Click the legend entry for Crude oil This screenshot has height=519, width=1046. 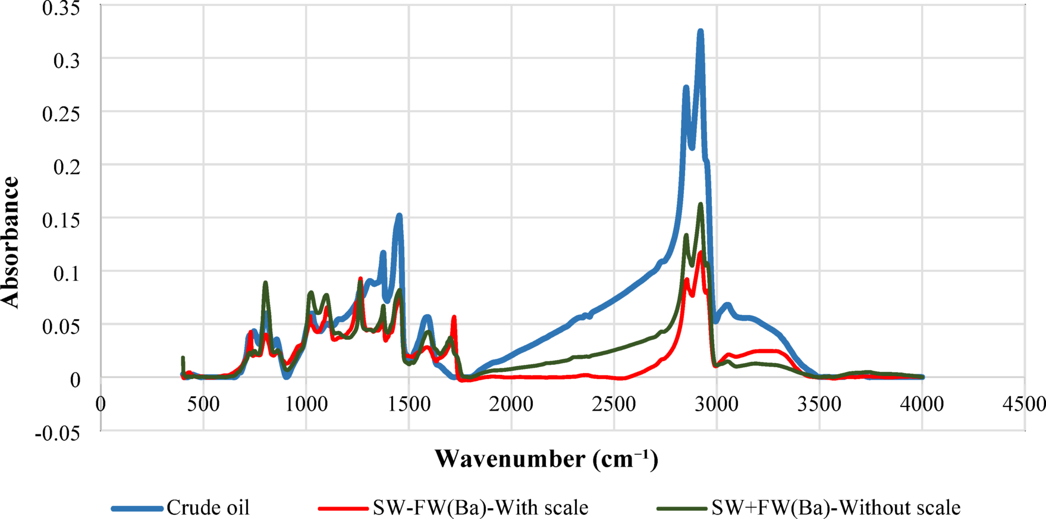tap(208, 508)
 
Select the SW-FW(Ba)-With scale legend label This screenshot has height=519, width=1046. tap(480, 508)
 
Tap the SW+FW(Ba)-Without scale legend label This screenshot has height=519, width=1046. tap(835, 508)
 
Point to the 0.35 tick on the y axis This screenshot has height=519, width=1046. tap(62, 8)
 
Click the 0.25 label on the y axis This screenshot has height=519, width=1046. tap(62, 113)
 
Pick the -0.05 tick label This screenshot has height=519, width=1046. tap(58, 433)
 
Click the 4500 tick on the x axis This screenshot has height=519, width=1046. tap(1024, 404)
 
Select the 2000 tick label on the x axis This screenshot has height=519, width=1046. tap(511, 404)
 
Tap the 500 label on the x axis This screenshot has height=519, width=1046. tap(203, 404)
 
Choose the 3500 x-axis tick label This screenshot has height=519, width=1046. tap(819, 404)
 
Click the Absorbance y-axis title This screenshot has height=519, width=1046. tap(11, 243)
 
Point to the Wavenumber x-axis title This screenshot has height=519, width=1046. tap(546, 459)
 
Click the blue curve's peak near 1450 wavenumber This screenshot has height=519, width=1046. tap(399, 215)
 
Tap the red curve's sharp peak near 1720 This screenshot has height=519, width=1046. tap(454, 317)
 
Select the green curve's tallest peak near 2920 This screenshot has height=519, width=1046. tap(701, 204)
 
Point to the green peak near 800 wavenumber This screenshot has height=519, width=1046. tap(265, 283)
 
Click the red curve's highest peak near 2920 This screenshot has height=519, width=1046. tap(701, 253)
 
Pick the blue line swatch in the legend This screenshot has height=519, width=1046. tap(137, 508)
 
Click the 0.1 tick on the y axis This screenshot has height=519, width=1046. tap(66, 273)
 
